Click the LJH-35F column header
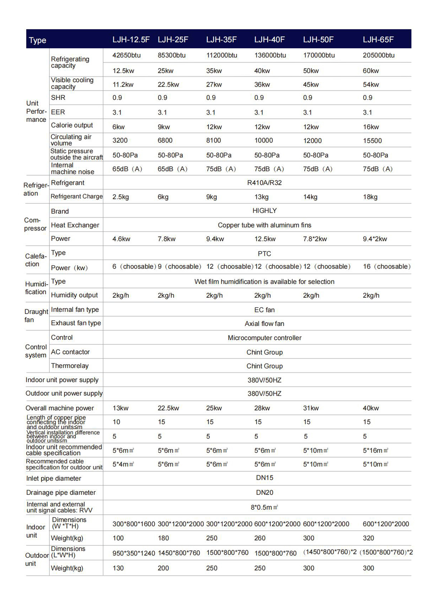coord(221,40)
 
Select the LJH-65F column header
coord(378,40)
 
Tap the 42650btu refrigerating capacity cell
coord(126,55)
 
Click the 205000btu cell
coord(378,55)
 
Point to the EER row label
coord(58,112)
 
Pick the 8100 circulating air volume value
coord(213,140)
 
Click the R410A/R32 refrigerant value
coord(264,183)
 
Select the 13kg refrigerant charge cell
coord(261,197)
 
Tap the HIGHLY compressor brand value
coord(265,211)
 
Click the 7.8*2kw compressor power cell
coord(315,239)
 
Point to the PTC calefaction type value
coord(264,254)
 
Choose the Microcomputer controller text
coord(265,338)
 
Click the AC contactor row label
coord(70,352)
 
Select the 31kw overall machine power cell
coord(311,408)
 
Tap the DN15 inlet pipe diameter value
coord(265,478)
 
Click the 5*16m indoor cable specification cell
coord(375,450)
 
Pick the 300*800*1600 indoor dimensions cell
coord(134,524)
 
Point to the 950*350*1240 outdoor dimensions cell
coord(134,553)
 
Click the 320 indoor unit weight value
coord(368,538)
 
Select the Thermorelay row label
coord(70,366)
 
